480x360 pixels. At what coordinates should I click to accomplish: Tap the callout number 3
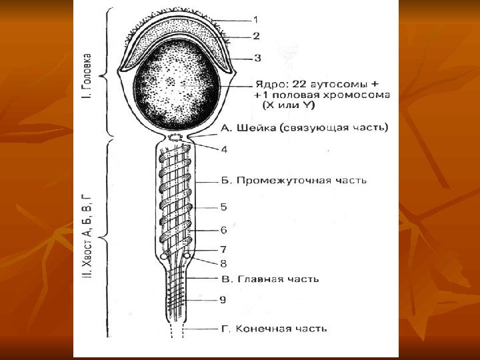[257, 57]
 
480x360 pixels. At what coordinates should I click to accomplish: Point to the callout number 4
[224, 149]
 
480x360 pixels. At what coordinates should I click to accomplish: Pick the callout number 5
[224, 207]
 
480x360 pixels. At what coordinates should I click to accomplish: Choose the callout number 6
[224, 230]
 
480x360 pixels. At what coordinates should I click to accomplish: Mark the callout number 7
[223, 249]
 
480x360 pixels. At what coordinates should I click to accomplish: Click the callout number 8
[223, 262]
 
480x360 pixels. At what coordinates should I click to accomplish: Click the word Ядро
[270, 84]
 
